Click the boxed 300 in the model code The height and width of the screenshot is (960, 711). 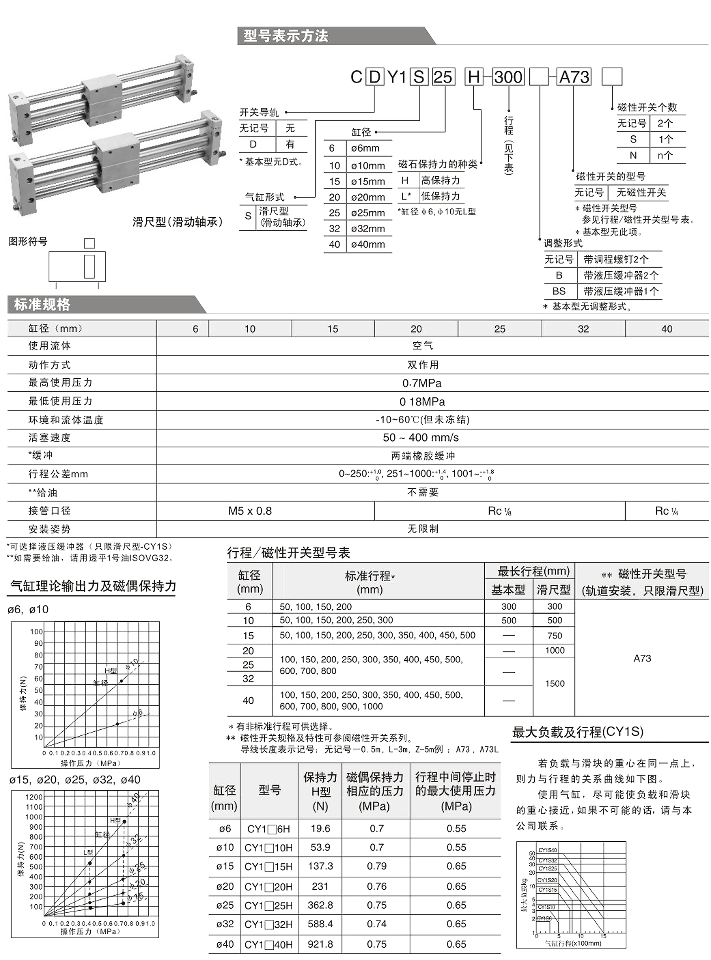[x=508, y=77]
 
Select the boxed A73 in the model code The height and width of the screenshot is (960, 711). [x=574, y=77]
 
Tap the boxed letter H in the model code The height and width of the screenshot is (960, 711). [x=474, y=77]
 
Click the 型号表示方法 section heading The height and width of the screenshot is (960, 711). [x=286, y=36]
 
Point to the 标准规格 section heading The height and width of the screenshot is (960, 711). [x=42, y=304]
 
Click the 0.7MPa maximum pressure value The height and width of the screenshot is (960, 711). [x=422, y=383]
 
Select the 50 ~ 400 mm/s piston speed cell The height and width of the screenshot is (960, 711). [x=421, y=438]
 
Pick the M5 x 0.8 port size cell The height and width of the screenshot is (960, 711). [x=250, y=511]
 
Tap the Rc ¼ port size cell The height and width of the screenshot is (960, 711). [x=666, y=511]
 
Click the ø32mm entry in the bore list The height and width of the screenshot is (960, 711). [x=368, y=229]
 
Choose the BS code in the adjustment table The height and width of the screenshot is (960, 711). [x=559, y=291]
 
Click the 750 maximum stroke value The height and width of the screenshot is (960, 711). [x=555, y=635]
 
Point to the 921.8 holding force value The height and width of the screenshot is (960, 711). [x=320, y=944]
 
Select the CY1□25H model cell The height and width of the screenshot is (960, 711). [x=269, y=906]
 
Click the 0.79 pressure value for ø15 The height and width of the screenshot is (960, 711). [x=376, y=866]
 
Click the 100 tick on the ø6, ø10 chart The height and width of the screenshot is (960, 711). [x=37, y=632]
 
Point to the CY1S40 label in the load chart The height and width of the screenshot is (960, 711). [x=547, y=850]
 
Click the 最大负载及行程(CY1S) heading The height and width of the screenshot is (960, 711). [x=577, y=732]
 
